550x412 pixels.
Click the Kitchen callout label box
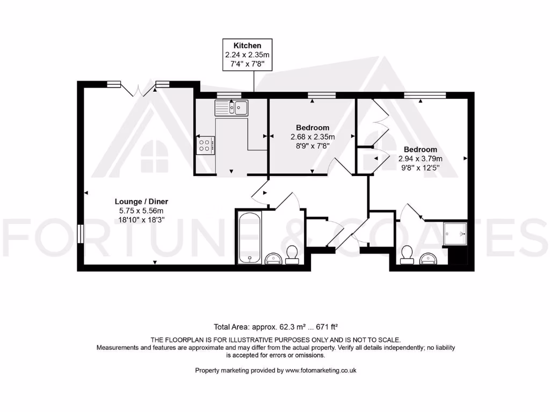pyautogui.click(x=247, y=55)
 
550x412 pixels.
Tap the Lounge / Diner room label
pyautogui.click(x=141, y=202)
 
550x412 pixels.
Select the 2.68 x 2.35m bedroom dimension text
pyautogui.click(x=313, y=137)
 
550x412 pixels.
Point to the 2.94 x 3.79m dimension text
pyautogui.click(x=420, y=159)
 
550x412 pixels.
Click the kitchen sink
pyautogui.click(x=231, y=107)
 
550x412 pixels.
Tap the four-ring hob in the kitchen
pyautogui.click(x=205, y=145)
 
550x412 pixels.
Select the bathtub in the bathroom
pyautogui.click(x=250, y=237)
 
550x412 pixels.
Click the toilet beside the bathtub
pyautogui.click(x=292, y=255)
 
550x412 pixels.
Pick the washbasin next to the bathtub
pyautogui.click(x=273, y=259)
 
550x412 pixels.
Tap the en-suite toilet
pyautogui.click(x=407, y=255)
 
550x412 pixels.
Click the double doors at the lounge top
pyautogui.click(x=139, y=89)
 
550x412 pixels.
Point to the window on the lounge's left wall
pyautogui.click(x=80, y=234)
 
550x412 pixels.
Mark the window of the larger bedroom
pyautogui.click(x=425, y=94)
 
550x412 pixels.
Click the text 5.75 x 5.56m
pyautogui.click(x=141, y=211)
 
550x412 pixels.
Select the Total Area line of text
pyautogui.click(x=276, y=327)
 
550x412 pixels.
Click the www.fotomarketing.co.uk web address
pyautogui.click(x=321, y=370)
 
